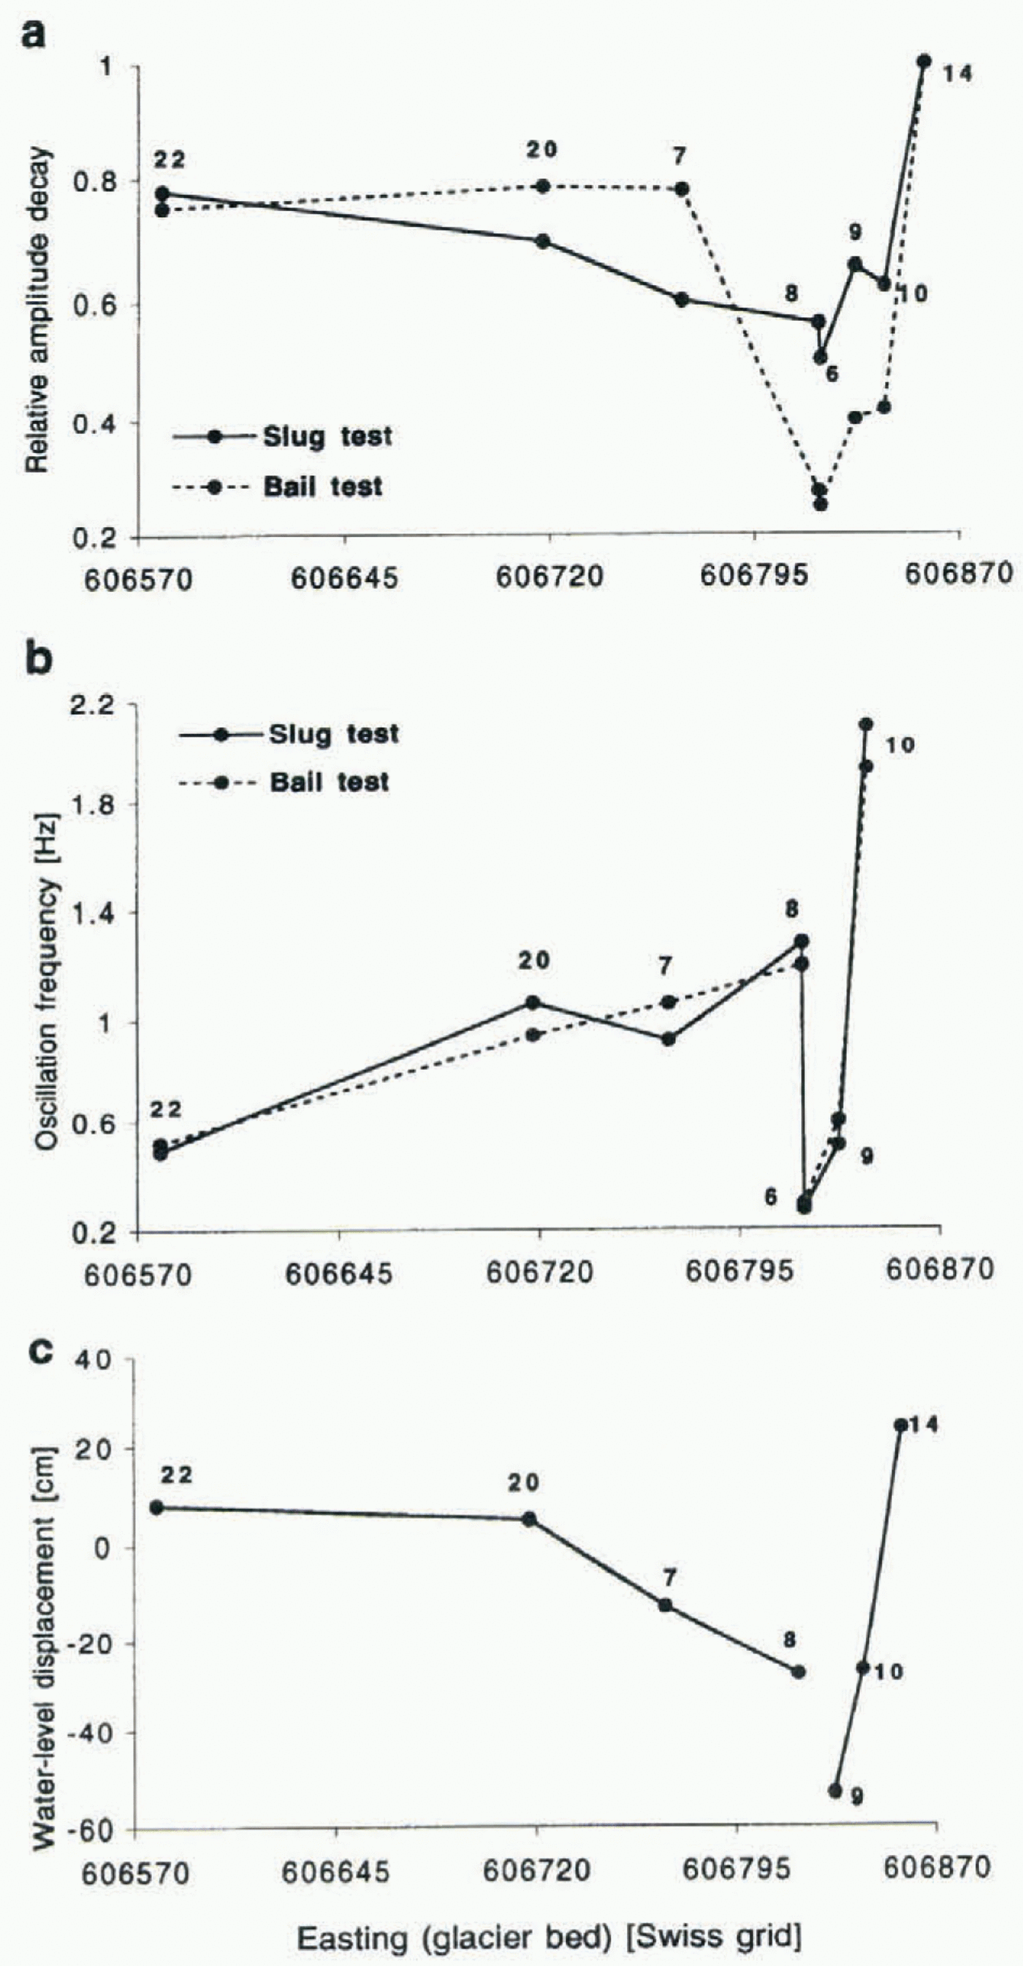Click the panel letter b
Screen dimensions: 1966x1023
click(x=38, y=659)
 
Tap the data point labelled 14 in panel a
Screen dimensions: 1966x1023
click(x=924, y=62)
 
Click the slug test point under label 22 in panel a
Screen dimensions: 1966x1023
click(x=161, y=194)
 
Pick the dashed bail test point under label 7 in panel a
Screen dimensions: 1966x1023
click(x=682, y=189)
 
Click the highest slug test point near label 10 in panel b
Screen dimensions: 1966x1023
click(x=866, y=724)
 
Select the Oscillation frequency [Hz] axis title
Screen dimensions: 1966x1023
click(x=47, y=984)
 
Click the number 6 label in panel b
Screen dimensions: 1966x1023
click(x=771, y=1196)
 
